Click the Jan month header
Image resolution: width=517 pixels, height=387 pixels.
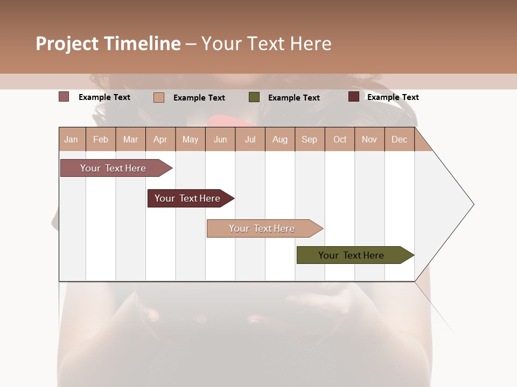72,139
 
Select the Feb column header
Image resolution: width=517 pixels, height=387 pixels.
101,139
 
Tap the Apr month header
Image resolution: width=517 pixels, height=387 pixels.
160,139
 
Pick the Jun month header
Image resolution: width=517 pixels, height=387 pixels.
220,139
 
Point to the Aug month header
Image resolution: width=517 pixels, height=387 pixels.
280,139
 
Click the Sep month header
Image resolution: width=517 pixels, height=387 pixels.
309,139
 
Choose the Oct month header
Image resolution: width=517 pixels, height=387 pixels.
340,139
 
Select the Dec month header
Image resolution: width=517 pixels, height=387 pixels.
399,139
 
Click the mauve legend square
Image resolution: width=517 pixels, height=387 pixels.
64,97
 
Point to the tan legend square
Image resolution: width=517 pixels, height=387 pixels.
159,97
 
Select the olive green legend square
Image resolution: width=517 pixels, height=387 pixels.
254,97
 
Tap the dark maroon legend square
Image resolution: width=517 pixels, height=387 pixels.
354,97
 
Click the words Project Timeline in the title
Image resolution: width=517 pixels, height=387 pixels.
108,44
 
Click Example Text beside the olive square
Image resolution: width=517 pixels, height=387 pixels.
294,98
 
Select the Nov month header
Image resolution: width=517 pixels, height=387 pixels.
369,139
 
